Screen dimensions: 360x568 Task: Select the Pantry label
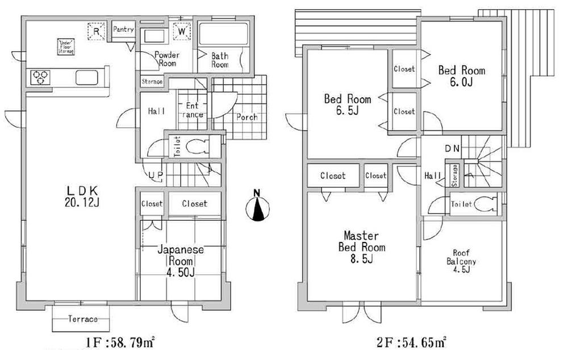click(123, 30)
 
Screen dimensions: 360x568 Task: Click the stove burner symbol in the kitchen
click(40, 76)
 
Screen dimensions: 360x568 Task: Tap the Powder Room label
click(166, 59)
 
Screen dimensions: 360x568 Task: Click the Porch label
click(246, 118)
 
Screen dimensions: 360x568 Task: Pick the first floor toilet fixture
click(195, 145)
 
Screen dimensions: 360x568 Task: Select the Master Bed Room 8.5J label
click(361, 247)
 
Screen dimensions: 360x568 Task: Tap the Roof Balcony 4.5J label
click(463, 262)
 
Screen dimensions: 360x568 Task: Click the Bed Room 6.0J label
click(461, 76)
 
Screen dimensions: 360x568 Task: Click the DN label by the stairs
click(452, 149)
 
